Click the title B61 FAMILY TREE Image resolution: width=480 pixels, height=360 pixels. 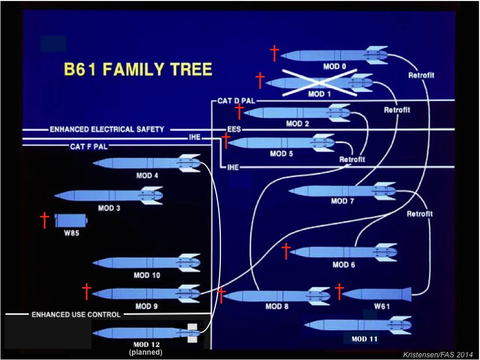coord(138,70)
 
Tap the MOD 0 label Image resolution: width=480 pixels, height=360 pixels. coord(334,66)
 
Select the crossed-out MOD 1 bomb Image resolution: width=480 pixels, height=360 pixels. coord(319,83)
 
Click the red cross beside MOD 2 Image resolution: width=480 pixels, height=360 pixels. coord(239,111)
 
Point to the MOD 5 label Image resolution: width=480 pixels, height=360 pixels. coord(282,154)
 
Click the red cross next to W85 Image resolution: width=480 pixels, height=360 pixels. coord(45,220)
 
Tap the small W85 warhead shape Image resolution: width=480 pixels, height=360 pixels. coord(70,220)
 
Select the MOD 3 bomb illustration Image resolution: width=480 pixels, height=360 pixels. coord(109,196)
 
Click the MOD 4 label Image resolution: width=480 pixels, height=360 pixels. coord(147,175)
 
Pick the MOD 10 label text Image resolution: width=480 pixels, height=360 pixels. coord(147,275)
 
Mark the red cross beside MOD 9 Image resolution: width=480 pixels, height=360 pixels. coord(87,291)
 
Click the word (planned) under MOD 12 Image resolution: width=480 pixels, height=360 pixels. coord(145,352)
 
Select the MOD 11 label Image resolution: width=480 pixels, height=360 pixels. coord(365,339)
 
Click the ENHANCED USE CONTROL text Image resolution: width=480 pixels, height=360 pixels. coord(76,314)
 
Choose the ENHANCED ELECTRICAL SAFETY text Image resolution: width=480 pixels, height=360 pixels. coord(107,129)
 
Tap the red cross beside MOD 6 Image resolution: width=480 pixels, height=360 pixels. coord(286,250)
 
